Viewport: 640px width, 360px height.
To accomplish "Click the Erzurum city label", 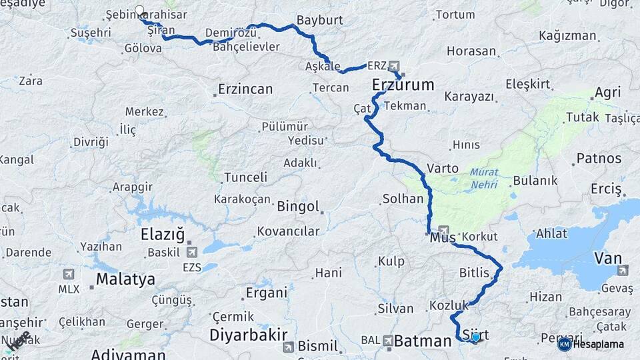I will click(403, 85).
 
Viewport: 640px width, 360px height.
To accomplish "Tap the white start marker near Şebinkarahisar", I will click(140, 10).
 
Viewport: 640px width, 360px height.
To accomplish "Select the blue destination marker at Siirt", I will click(475, 337).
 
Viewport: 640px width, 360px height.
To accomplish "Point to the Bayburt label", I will click(320, 20).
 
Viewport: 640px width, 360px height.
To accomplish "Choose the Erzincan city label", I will click(245, 89).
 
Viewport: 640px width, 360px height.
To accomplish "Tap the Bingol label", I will click(298, 207).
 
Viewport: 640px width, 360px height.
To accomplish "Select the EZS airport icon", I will click(193, 252).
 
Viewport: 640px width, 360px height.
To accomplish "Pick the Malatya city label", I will click(125, 279).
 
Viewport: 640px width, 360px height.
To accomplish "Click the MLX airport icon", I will click(69, 274).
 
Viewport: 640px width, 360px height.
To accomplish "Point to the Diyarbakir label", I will click(249, 335).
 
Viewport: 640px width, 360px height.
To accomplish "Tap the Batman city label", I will click(423, 341).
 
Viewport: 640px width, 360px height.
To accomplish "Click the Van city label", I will click(608, 258).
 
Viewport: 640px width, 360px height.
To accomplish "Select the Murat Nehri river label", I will click(484, 178).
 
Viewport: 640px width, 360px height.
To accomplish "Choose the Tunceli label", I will click(245, 177).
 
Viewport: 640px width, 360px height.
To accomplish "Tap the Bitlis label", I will click(475, 273).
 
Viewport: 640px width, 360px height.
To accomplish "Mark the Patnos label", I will click(599, 159).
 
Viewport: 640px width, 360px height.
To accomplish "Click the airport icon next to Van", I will click(623, 270).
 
